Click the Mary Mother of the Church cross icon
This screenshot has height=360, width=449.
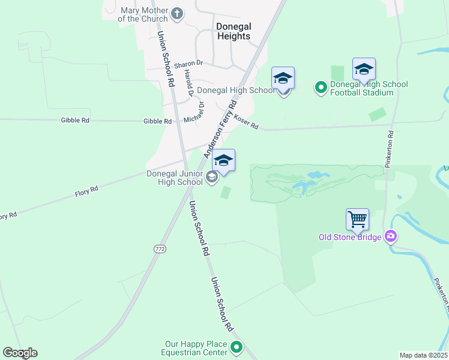[176, 13]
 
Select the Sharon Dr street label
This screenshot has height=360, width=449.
[191, 63]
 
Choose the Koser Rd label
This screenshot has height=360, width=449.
[246, 122]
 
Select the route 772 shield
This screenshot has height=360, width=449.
[159, 248]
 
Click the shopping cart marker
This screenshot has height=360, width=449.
[357, 220]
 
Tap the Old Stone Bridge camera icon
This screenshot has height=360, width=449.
[391, 237]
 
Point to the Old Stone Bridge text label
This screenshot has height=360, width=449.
[350, 238]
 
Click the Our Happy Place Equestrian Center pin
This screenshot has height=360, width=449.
[237, 347]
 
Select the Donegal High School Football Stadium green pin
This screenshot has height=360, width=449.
[321, 88]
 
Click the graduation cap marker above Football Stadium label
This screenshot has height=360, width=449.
[364, 70]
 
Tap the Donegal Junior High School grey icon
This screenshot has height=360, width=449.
[211, 177]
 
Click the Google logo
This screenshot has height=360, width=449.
[20, 353]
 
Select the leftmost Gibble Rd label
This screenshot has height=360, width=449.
[75, 121]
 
